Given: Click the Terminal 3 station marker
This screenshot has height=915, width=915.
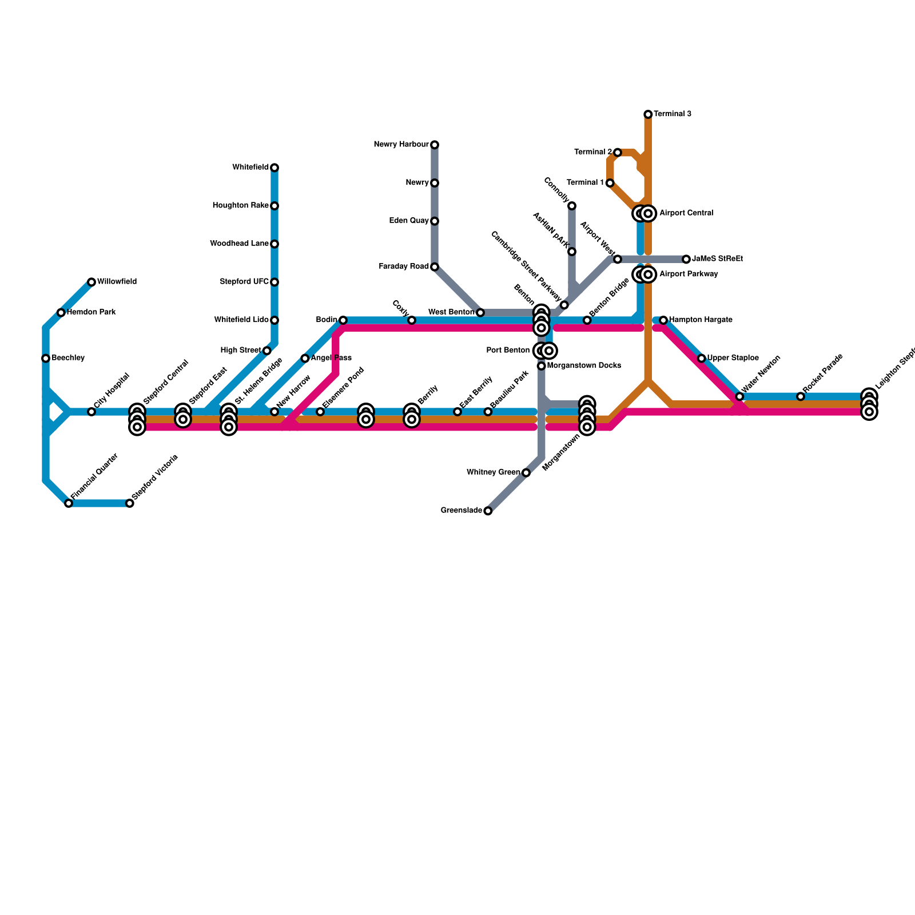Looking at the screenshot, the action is click(x=648, y=114).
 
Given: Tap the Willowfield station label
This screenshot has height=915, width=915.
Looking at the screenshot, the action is click(x=117, y=282).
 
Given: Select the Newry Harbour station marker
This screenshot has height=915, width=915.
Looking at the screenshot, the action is click(x=435, y=145).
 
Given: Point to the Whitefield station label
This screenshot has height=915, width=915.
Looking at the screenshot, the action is click(x=250, y=168).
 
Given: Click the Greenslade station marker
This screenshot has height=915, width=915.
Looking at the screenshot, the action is click(x=488, y=511).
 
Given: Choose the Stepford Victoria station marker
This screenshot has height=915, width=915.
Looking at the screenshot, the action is click(x=130, y=503).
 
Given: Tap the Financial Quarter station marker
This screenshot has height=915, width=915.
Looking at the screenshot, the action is click(x=69, y=503).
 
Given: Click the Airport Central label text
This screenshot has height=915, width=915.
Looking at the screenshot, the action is click(x=686, y=213).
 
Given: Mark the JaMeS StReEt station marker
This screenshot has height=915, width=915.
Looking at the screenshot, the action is click(x=686, y=259).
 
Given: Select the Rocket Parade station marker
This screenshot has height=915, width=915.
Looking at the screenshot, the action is click(x=801, y=396).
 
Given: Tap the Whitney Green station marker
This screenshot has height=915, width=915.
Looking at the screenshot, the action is click(x=526, y=472).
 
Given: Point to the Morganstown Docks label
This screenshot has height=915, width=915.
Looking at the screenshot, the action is click(x=584, y=366).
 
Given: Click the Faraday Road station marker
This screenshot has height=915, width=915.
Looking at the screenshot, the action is click(x=435, y=267).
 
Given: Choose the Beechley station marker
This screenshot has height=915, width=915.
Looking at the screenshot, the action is click(x=46, y=359).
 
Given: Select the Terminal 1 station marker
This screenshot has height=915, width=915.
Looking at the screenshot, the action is click(x=610, y=183).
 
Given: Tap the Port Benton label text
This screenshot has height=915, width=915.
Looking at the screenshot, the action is click(x=508, y=351).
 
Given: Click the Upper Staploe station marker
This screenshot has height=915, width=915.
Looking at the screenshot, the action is click(x=702, y=359).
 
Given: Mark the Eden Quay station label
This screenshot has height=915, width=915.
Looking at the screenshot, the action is click(x=409, y=221).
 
